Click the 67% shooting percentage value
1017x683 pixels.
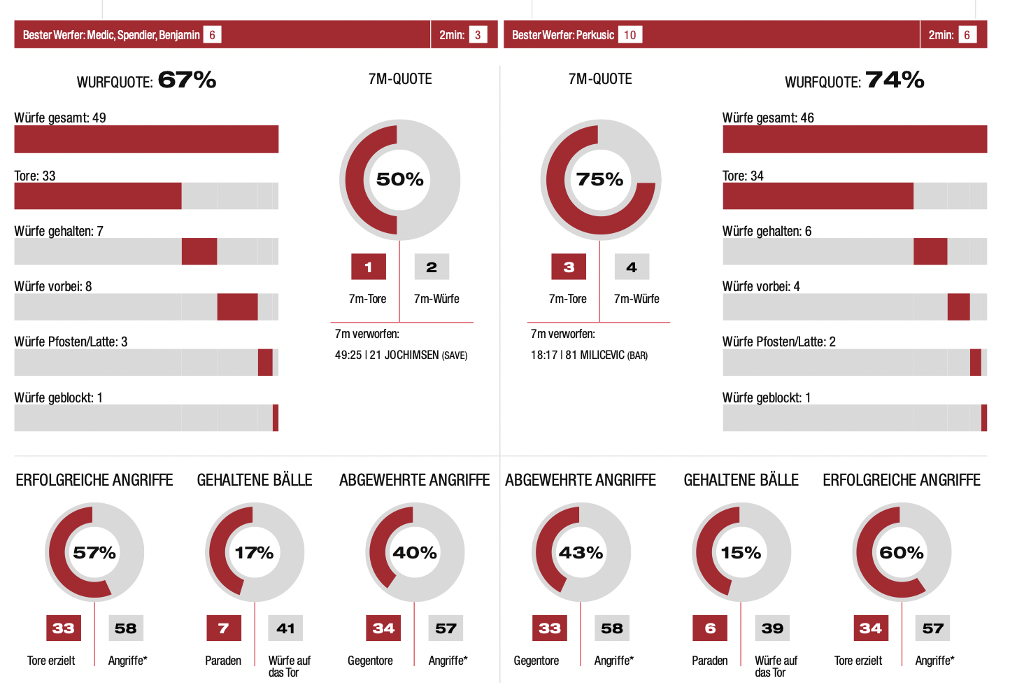click(x=187, y=80)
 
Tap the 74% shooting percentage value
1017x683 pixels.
click(x=895, y=80)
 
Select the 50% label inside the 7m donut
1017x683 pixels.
click(x=399, y=179)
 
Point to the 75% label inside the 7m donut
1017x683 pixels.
click(x=599, y=179)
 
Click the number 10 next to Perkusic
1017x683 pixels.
click(x=630, y=35)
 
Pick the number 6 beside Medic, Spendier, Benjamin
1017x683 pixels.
click(x=212, y=35)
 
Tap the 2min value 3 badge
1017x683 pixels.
click(x=478, y=35)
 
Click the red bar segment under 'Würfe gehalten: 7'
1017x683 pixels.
click(x=199, y=251)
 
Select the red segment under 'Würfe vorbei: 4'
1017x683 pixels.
click(x=958, y=307)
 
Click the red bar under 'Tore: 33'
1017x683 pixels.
click(x=98, y=196)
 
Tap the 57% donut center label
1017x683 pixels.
click(x=94, y=553)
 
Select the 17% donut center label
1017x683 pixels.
click(x=254, y=553)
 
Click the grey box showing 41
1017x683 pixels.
click(x=285, y=628)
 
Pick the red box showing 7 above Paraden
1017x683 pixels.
click(x=224, y=628)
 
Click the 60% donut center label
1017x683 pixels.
click(x=901, y=553)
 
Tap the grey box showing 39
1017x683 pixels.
click(x=772, y=628)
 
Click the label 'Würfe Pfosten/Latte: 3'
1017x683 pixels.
click(x=71, y=341)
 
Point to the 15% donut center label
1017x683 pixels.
click(x=741, y=553)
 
